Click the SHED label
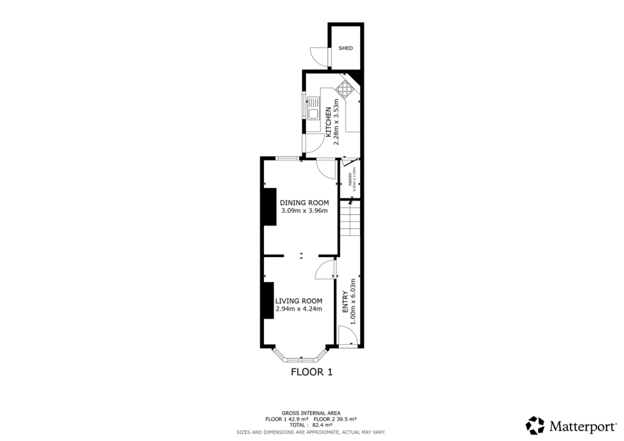[346, 48]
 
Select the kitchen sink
[313, 109]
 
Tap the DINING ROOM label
[304, 203]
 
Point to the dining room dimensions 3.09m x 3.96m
[304, 211]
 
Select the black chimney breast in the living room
[267, 300]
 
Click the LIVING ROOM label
[299, 301]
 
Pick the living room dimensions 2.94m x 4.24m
[299, 309]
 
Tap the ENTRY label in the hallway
[345, 302]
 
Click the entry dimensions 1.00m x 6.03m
[353, 295]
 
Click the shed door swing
[319, 55]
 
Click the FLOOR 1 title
[311, 372]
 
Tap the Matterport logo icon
[535, 425]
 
